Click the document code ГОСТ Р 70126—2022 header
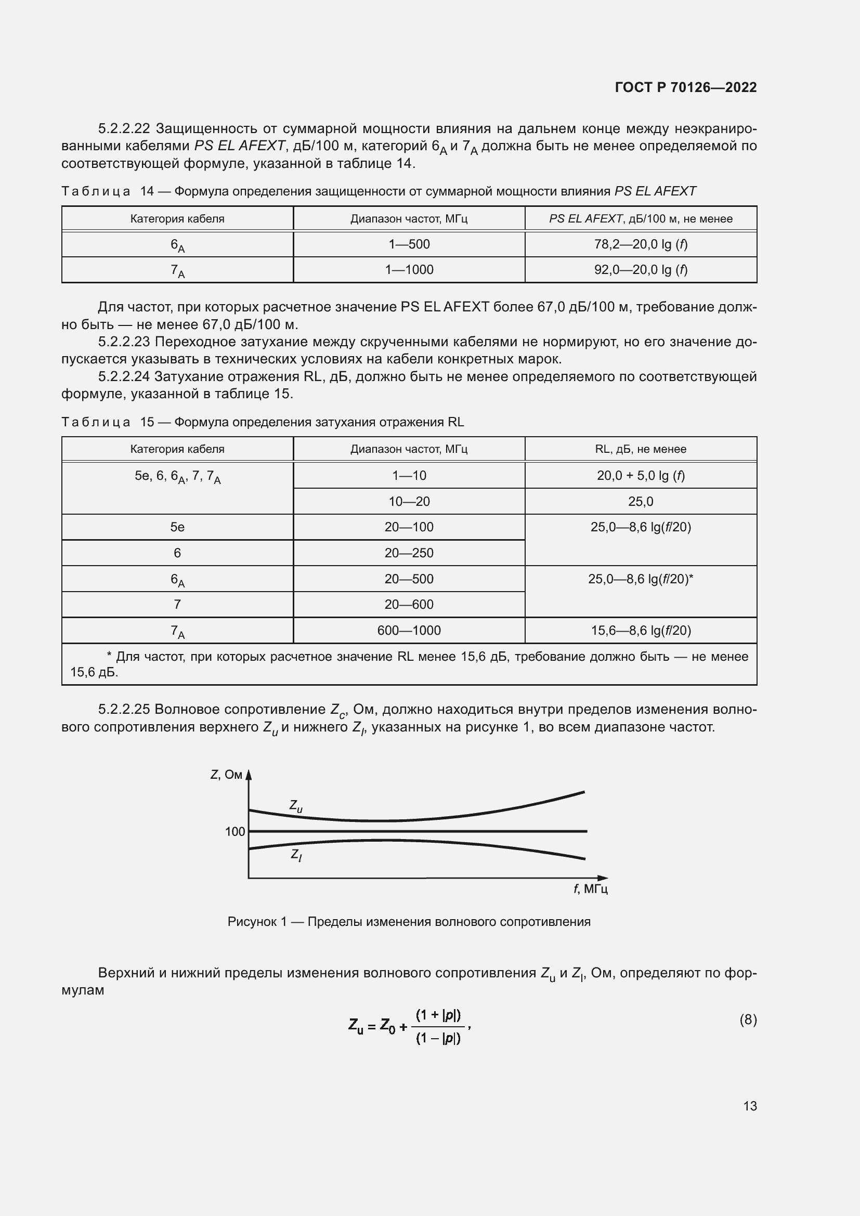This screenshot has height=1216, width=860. pos(686,87)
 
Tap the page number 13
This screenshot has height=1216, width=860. pos(750,1106)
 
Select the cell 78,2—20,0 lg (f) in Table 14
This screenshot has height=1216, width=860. pos(641,244)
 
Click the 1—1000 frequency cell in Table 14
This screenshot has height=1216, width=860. pos(409,270)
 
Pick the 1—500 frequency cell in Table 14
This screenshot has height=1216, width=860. pos(409,244)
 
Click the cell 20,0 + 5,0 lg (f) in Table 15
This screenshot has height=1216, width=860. pos(641,476)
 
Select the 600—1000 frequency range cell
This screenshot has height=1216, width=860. pos(409,630)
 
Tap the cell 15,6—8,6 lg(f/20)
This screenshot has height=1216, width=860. pos(641,630)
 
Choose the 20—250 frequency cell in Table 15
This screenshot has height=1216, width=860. pos(409,553)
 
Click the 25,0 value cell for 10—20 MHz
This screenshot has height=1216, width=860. pos(641,501)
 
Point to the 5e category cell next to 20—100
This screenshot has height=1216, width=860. pos(177,527)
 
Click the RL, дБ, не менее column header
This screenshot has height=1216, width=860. pos(641,449)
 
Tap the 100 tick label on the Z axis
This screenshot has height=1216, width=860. pos(235,831)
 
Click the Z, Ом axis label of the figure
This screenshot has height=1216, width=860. pos(226,775)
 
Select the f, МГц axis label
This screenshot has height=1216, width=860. pos(591,888)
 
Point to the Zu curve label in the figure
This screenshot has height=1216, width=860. pos(295,806)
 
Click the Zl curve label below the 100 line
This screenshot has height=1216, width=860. pos(296,854)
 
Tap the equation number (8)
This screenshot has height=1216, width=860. pos(748,1019)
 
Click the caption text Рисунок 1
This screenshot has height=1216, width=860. pos(257,922)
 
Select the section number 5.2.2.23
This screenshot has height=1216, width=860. pos(124,342)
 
